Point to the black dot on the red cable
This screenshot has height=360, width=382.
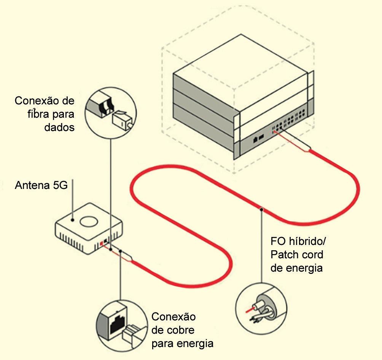[x=261, y=209]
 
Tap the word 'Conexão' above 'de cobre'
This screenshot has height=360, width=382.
[x=173, y=317]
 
